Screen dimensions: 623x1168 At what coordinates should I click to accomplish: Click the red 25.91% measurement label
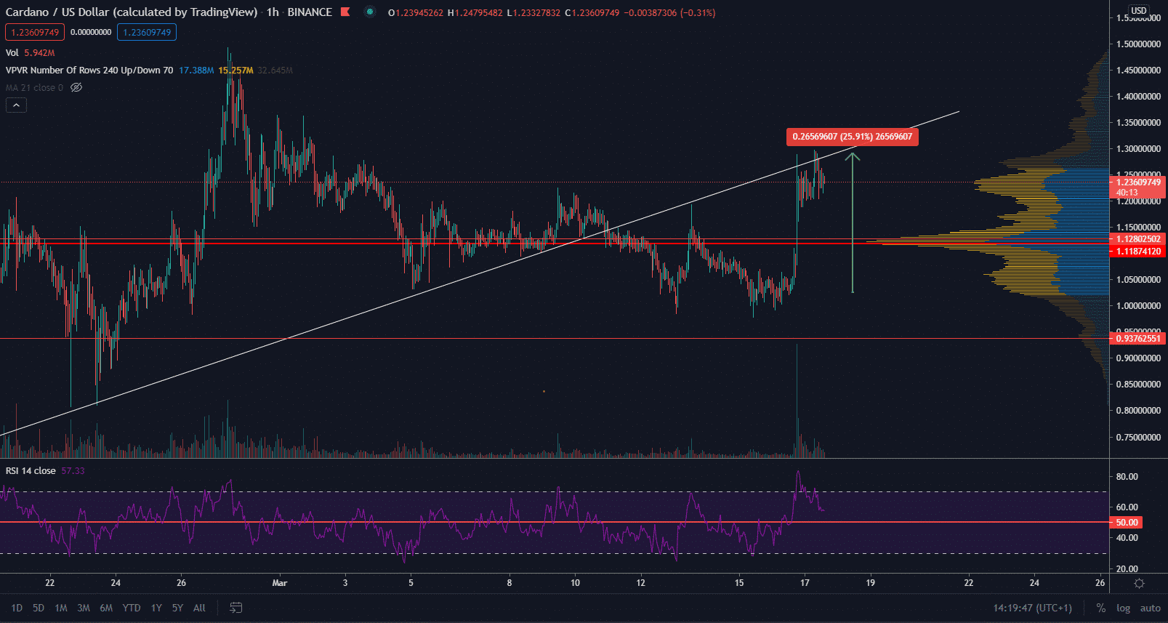pyautogui.click(x=852, y=137)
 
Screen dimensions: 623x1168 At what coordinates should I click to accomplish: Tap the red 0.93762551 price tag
pyautogui.click(x=1137, y=339)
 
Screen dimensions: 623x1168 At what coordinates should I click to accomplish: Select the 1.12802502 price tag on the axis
pyautogui.click(x=1137, y=239)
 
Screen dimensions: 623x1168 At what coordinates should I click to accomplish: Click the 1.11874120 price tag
pyautogui.click(x=1137, y=252)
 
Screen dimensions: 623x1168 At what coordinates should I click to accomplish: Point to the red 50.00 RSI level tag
pyautogui.click(x=1127, y=523)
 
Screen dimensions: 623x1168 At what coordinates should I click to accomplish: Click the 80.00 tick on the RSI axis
pyautogui.click(x=1127, y=477)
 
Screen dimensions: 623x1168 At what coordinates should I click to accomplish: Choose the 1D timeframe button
pyautogui.click(x=17, y=608)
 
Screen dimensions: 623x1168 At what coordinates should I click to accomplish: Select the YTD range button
pyautogui.click(x=132, y=608)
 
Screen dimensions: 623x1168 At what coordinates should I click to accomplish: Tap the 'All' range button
pyautogui.click(x=199, y=608)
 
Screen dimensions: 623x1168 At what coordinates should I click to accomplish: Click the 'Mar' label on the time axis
pyautogui.click(x=280, y=582)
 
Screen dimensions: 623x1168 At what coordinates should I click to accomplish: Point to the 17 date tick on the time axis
pyautogui.click(x=805, y=582)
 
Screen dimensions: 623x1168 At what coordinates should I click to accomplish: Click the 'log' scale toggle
pyautogui.click(x=1123, y=608)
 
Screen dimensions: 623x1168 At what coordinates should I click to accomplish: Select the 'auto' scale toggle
pyautogui.click(x=1150, y=608)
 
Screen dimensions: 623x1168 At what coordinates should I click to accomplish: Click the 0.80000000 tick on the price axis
pyautogui.click(x=1138, y=411)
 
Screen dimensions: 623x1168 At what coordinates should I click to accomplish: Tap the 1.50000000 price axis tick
pyautogui.click(x=1138, y=44)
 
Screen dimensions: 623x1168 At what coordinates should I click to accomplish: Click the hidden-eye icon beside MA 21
pyautogui.click(x=76, y=88)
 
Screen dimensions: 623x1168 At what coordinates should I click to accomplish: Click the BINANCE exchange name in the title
pyautogui.click(x=310, y=12)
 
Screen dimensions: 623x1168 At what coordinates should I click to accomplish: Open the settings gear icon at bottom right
pyautogui.click(x=1139, y=583)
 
